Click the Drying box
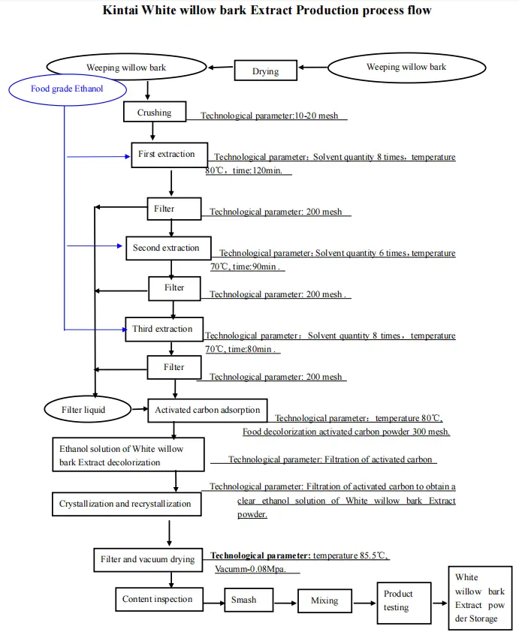point(265,71)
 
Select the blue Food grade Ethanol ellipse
point(66,89)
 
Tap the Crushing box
point(154,113)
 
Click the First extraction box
point(166,155)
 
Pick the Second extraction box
point(166,248)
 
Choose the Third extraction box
point(162,330)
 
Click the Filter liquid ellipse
point(83,410)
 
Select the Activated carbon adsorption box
point(207,411)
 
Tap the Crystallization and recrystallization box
point(125,504)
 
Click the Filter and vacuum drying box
point(147,559)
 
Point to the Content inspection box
point(158,600)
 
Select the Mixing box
point(324,600)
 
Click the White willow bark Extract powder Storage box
point(479,598)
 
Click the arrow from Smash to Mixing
point(281,600)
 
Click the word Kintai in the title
point(125,11)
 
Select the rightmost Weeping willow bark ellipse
point(406,68)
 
